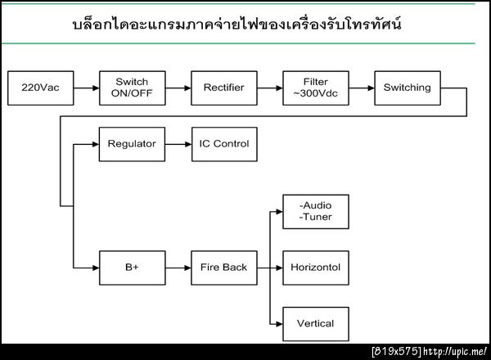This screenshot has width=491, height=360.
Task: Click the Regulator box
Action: tap(131, 144)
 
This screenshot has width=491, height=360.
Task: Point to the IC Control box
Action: tap(223, 144)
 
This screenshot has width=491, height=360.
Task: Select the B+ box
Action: tap(131, 268)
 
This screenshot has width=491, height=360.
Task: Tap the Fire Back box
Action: tap(223, 268)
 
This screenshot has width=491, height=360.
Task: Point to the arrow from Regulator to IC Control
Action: tap(177, 144)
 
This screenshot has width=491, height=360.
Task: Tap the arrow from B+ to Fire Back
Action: tap(177, 268)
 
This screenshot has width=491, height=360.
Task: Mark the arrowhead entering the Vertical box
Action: tap(278, 323)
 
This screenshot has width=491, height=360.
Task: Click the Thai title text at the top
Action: tap(237, 25)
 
